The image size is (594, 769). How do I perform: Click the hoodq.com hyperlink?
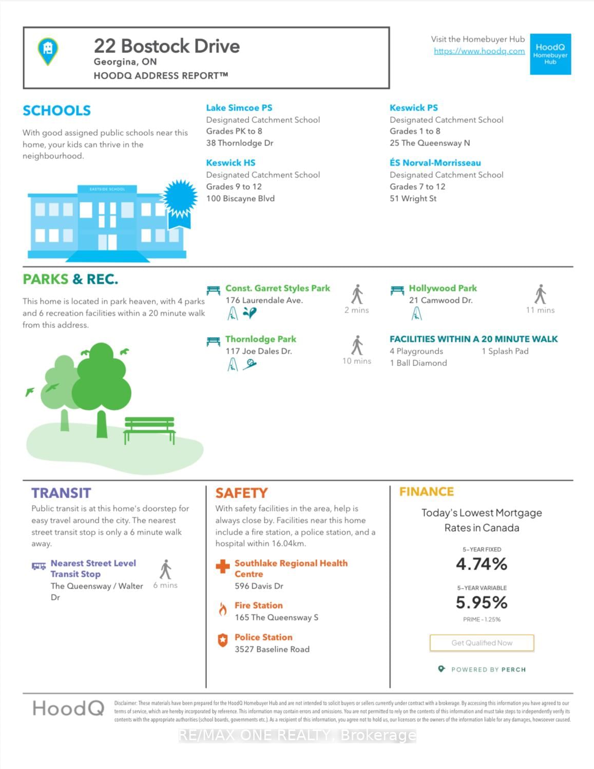(x=479, y=51)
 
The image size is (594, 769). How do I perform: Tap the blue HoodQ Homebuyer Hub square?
(x=550, y=54)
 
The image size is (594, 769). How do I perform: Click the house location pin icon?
(x=48, y=51)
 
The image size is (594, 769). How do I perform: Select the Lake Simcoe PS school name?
(x=239, y=108)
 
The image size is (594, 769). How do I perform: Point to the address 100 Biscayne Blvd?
(x=240, y=198)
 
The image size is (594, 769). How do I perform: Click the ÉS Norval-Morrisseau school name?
(x=435, y=163)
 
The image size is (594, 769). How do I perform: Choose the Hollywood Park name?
(x=443, y=288)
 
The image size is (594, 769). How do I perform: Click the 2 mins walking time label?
(x=356, y=310)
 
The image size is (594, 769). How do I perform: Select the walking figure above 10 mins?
(x=357, y=345)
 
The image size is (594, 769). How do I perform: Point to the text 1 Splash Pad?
(x=505, y=351)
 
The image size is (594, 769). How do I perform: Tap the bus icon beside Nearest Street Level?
(x=39, y=566)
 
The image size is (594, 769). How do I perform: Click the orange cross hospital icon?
(x=223, y=566)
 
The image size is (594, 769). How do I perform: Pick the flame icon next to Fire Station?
(x=223, y=610)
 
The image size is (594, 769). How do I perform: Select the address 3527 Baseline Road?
(x=272, y=649)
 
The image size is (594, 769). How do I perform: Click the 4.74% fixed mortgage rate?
(x=482, y=564)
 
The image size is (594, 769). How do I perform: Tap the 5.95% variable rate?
(x=482, y=602)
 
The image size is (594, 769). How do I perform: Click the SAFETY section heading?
(x=241, y=493)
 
